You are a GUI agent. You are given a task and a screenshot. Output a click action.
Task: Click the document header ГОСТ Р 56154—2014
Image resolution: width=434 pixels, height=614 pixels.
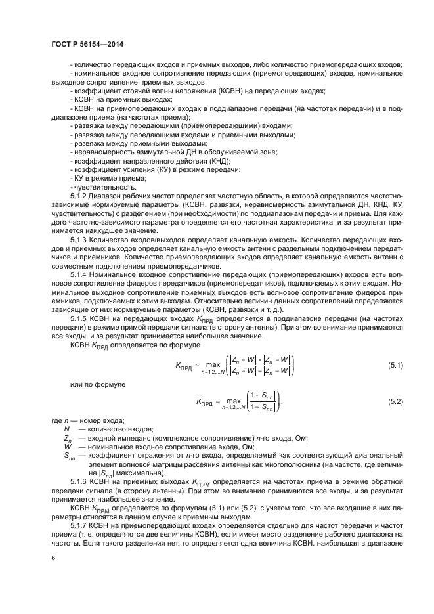[87, 45]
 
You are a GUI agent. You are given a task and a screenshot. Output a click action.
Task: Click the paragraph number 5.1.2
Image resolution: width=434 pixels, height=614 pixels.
[79, 196]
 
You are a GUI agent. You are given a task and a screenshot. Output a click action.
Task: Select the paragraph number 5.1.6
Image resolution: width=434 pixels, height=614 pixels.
[79, 482]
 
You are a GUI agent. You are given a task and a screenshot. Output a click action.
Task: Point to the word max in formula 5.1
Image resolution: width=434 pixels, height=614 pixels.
[213, 362]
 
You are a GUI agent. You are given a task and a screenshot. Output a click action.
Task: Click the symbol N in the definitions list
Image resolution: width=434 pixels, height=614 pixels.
[66, 429]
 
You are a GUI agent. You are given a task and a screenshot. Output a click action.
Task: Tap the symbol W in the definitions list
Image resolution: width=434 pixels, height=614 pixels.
[66, 446]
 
